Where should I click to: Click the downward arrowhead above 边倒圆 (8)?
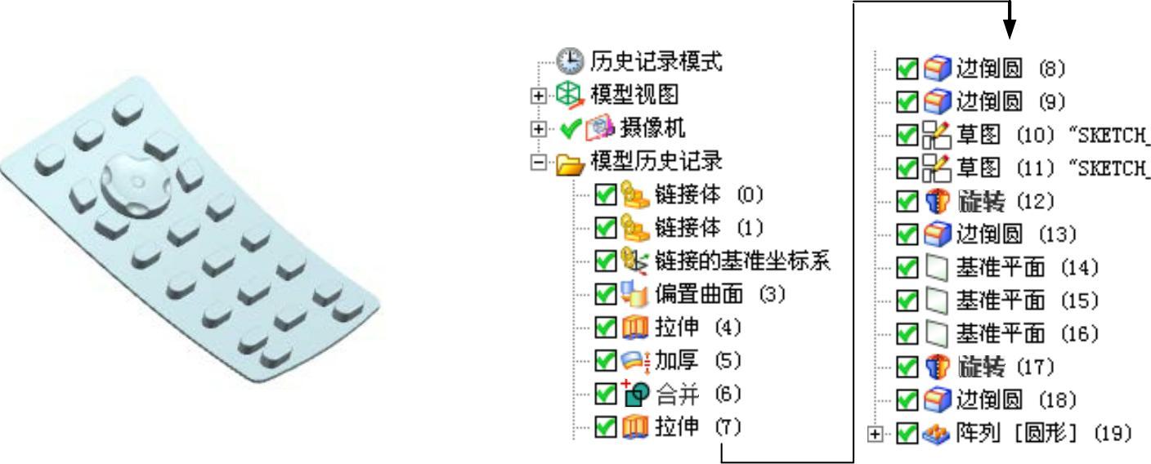click(1010, 29)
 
